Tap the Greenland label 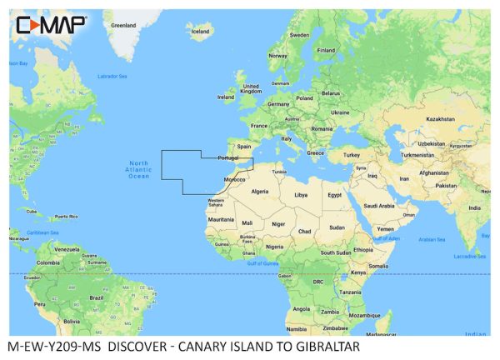123,25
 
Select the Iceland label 201,32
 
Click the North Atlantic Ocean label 138,169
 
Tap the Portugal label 228,157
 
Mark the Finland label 326,50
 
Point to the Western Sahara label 216,202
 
